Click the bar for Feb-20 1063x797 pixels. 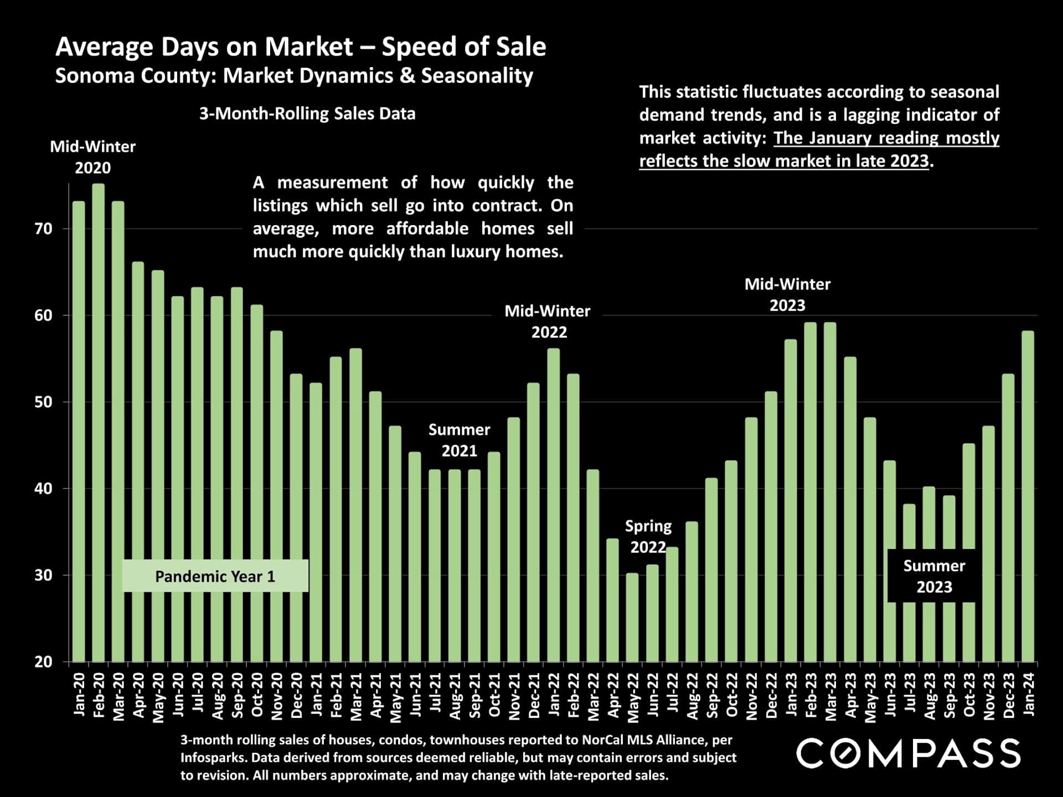pos(99,423)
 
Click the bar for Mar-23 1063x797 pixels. pos(830,492)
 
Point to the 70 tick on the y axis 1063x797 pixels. pos(43,229)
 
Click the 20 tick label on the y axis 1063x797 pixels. pos(43,661)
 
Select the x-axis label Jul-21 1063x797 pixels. pos(435,696)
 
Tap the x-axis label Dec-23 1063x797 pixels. pos(1009,696)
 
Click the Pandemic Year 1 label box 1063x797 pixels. pos(215,576)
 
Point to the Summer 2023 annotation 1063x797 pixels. pos(934,576)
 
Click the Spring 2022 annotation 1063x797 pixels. pos(648,536)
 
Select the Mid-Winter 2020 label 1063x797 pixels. pos(93,157)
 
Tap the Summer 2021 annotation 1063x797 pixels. pos(459,440)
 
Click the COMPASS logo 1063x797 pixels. pos(908,753)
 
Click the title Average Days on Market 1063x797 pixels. pos(301,46)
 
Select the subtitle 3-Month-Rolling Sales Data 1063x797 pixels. pos(307,113)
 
